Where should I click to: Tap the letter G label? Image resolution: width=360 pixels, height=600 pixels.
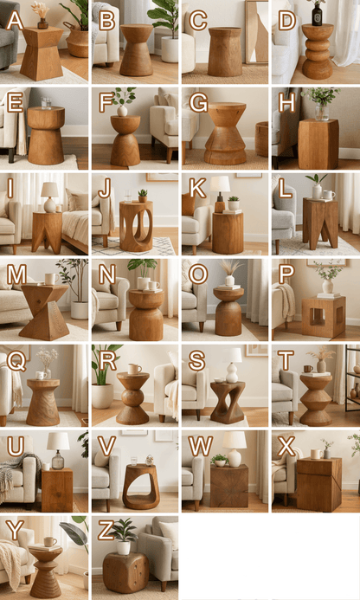point(197,104)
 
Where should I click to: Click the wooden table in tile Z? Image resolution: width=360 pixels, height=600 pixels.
point(125,571)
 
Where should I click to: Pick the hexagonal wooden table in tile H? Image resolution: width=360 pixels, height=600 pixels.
point(318,143)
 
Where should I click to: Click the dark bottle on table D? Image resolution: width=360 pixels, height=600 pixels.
point(317,15)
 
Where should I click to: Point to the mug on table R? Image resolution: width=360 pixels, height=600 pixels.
point(134,369)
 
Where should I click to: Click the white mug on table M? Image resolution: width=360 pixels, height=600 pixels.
point(50,279)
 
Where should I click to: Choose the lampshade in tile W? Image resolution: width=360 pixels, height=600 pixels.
point(234,439)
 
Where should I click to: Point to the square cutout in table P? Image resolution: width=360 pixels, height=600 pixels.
point(324,315)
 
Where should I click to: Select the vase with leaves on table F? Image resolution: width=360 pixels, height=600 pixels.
point(123,101)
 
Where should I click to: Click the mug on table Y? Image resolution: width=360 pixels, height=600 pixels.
point(49,541)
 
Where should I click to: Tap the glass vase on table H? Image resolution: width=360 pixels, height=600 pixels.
point(322,111)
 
